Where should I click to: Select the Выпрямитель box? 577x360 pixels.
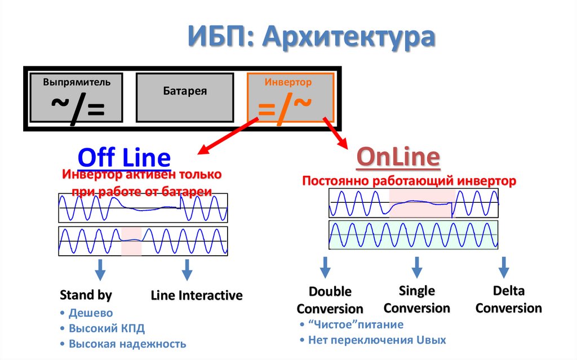(77, 97)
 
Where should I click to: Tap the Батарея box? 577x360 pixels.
(185, 97)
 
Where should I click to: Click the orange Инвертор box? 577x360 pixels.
(291, 97)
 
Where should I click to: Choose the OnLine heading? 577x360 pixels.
(398, 158)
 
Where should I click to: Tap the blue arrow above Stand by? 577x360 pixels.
(100, 270)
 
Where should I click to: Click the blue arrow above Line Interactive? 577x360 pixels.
(187, 270)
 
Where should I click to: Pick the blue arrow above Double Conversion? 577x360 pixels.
(326, 266)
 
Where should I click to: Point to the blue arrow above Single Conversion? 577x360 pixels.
(417, 266)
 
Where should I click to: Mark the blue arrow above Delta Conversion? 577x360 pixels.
(504, 266)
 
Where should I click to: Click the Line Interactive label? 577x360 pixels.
(197, 295)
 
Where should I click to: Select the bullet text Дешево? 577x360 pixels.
(91, 313)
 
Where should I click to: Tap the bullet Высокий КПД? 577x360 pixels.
(102, 328)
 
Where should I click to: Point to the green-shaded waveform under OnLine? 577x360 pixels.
(414, 234)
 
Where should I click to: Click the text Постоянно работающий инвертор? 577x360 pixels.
(409, 181)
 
